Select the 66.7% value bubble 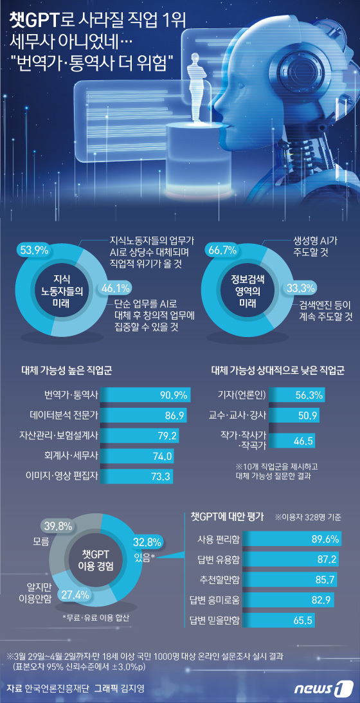[x=221, y=250]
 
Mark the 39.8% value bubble [x=59, y=527]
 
